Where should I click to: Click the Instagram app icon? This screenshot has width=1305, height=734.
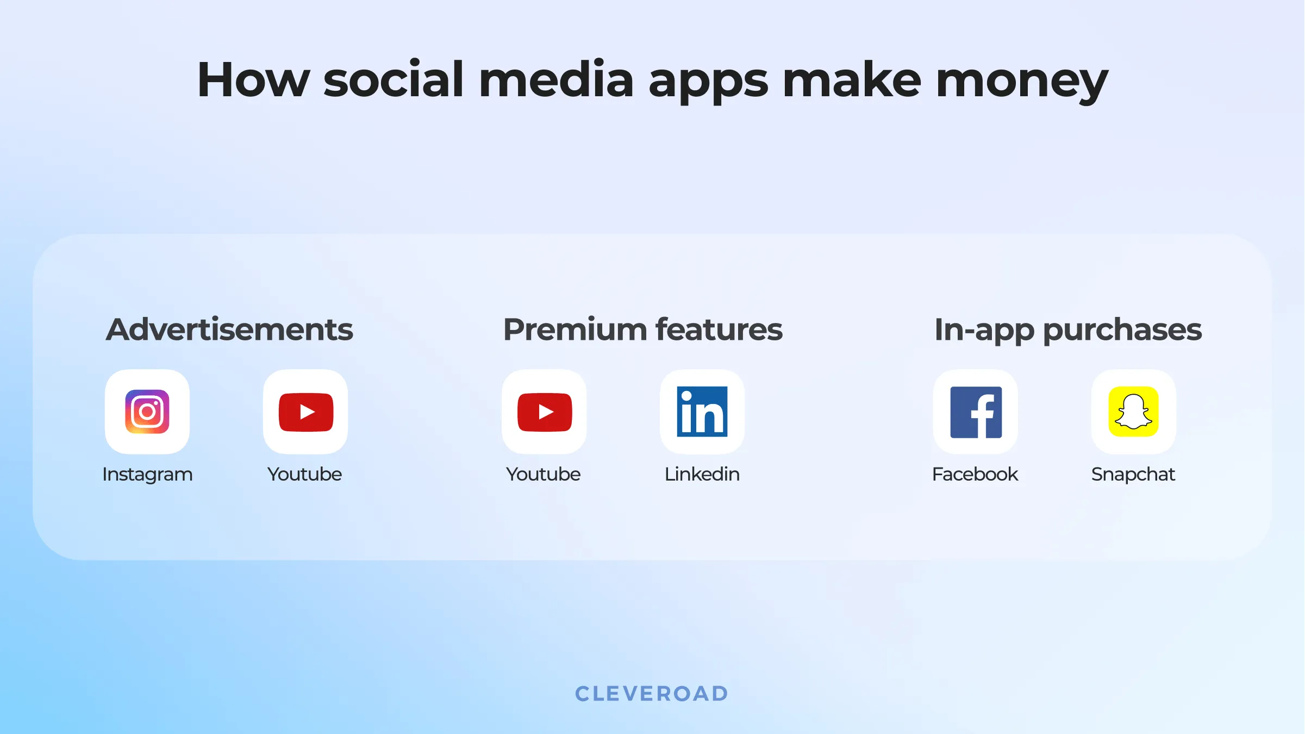click(147, 412)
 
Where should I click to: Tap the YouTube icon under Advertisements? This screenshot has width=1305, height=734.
click(305, 412)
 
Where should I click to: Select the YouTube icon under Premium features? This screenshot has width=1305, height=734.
click(544, 412)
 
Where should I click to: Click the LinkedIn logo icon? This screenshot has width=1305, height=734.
click(702, 412)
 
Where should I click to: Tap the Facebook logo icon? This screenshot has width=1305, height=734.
click(976, 412)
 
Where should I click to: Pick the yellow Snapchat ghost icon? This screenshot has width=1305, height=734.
click(1134, 412)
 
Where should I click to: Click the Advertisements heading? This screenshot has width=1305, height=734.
click(229, 329)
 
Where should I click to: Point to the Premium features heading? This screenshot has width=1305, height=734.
click(643, 329)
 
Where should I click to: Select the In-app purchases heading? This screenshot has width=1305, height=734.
click(1068, 329)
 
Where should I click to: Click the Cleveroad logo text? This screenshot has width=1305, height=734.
click(652, 694)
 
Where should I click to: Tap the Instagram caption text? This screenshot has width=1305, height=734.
click(147, 475)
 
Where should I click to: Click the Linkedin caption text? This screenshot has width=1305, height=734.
click(702, 475)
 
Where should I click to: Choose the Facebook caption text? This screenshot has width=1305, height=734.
click(975, 475)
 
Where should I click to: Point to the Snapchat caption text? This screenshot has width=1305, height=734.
click(1133, 475)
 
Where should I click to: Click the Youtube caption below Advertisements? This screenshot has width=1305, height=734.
click(305, 475)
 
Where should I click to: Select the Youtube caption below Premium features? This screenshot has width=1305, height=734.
click(544, 475)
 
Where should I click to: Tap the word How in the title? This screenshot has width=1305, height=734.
click(253, 80)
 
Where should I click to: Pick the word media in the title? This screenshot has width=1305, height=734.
click(556, 80)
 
